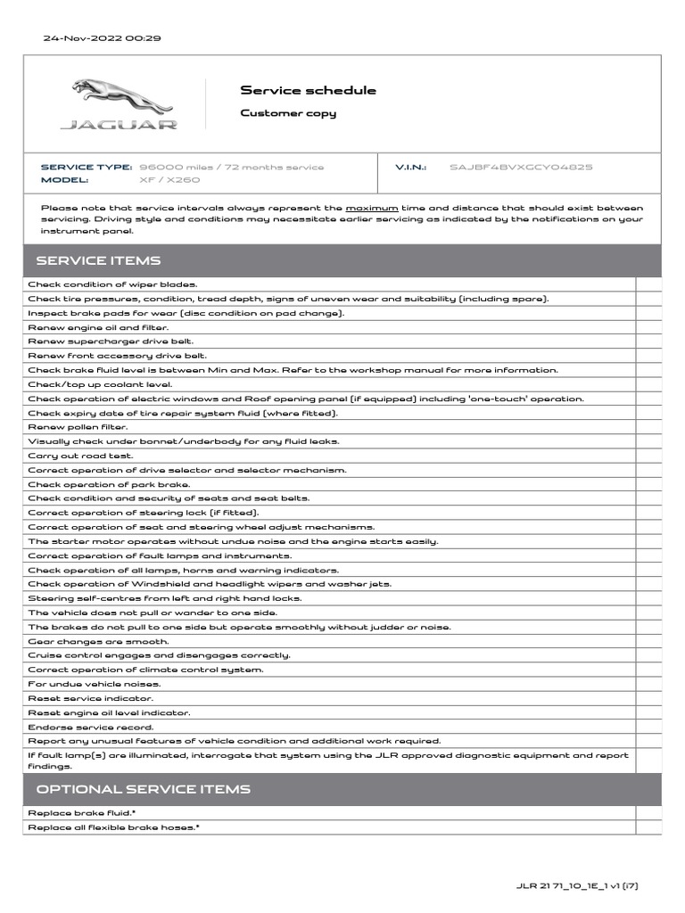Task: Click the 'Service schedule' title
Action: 308,90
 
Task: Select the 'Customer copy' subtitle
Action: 288,113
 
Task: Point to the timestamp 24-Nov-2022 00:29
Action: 102,38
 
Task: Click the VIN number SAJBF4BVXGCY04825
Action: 521,167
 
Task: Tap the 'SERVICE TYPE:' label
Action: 86,167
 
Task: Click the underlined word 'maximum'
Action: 372,208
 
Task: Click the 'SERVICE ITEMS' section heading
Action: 98,260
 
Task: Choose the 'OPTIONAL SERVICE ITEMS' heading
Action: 143,789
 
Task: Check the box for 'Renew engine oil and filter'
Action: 648,327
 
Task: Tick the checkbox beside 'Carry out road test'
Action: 648,456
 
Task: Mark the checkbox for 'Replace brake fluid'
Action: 648,813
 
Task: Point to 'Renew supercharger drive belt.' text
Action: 111,341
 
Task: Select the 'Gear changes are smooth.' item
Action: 98,641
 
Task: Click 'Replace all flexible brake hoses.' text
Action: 113,827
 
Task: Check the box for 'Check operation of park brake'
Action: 648,484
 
